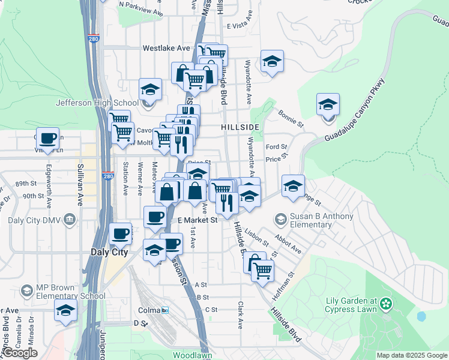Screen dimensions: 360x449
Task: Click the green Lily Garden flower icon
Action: click(x=387, y=305)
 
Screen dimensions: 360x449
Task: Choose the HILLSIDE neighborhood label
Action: click(x=240, y=127)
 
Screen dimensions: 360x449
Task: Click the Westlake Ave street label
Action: click(x=166, y=48)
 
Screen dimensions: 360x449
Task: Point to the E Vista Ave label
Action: click(x=246, y=26)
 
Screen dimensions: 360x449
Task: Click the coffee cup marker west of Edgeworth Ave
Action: click(x=47, y=138)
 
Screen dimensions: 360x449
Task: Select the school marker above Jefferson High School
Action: click(x=150, y=89)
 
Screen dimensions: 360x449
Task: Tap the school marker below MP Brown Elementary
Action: click(x=65, y=310)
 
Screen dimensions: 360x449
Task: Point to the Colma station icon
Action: click(x=165, y=310)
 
